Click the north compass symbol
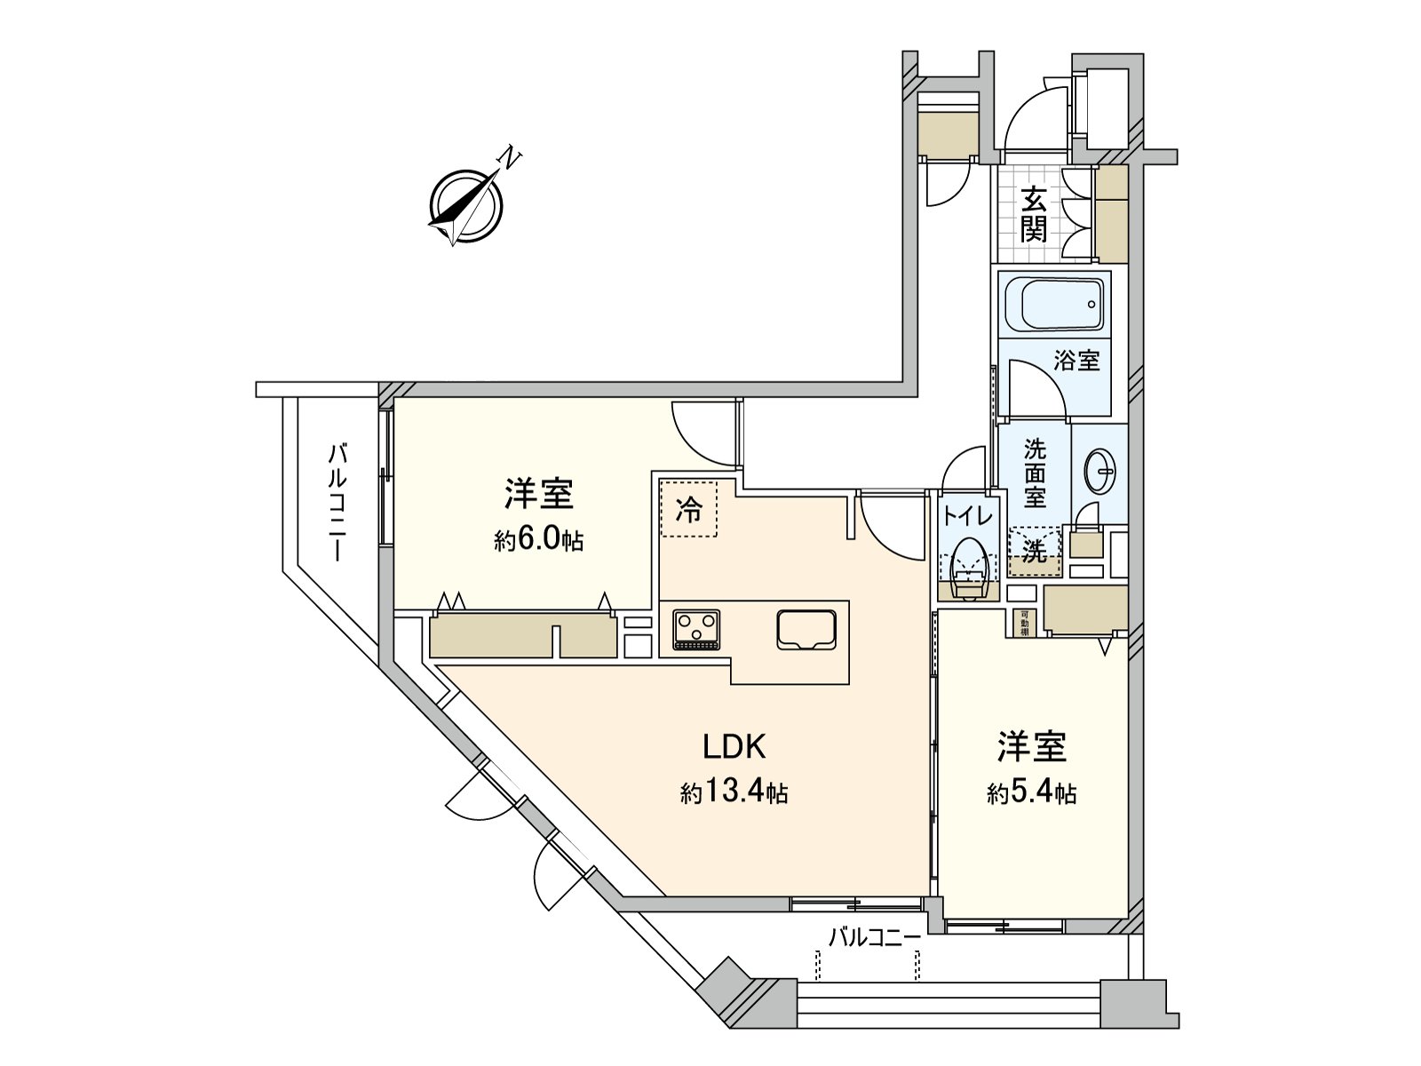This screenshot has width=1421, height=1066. click(465, 205)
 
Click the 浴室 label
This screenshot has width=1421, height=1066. click(1076, 361)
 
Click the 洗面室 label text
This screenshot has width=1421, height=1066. click(1035, 473)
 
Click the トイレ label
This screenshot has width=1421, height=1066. click(969, 514)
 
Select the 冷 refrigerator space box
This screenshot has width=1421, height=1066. click(688, 510)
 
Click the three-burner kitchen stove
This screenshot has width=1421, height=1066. click(696, 629)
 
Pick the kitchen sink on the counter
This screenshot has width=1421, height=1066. click(806, 629)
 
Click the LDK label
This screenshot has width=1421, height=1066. click(734, 747)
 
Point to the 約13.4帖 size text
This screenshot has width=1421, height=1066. click(734, 792)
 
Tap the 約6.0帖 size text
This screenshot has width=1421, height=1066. click(539, 539)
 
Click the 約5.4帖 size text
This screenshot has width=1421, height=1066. click(1032, 792)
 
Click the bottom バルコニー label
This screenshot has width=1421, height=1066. click(874, 937)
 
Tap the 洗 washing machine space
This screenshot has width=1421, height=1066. click(1035, 551)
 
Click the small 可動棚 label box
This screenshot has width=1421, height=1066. click(1024, 623)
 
